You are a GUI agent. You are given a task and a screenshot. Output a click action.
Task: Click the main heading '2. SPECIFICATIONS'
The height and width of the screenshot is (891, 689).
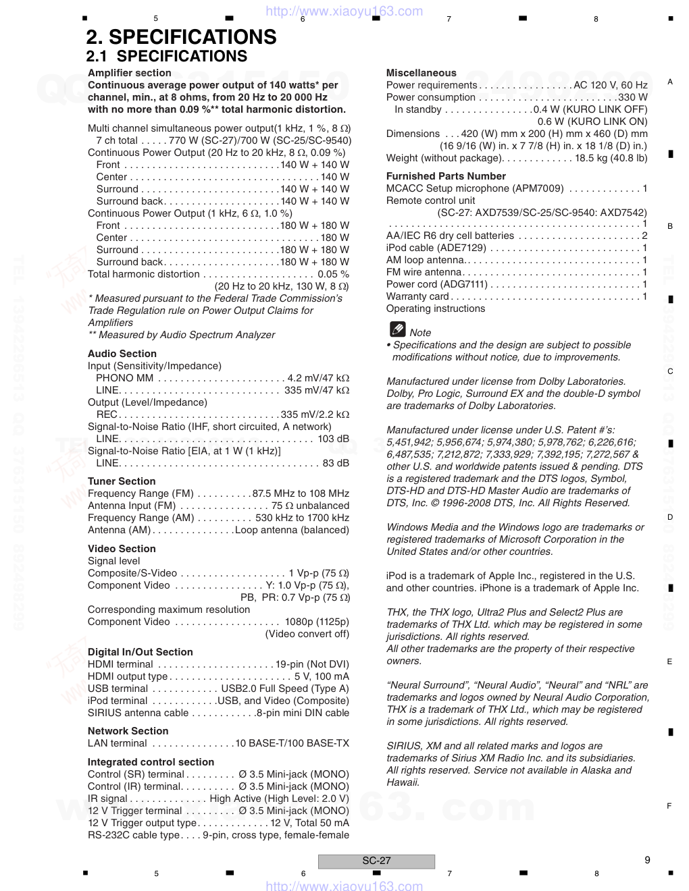181,37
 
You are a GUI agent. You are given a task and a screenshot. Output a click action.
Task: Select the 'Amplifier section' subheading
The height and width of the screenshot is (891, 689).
129,73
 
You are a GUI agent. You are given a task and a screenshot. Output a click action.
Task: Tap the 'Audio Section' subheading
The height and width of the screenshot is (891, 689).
122,354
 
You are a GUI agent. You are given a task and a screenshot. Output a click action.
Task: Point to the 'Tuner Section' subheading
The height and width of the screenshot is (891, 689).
122,481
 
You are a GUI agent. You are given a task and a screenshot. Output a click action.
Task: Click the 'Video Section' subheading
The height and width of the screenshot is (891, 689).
122,549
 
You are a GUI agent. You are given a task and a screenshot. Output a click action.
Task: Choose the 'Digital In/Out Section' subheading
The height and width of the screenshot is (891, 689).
140,652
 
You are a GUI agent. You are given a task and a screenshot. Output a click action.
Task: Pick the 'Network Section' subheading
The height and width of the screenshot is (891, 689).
128,731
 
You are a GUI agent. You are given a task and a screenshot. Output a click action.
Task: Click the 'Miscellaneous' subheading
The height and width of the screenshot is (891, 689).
421,73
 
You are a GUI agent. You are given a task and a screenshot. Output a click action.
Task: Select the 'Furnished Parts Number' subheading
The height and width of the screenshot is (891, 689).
446,176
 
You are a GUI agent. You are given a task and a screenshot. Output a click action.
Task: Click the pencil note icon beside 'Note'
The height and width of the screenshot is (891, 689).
397,330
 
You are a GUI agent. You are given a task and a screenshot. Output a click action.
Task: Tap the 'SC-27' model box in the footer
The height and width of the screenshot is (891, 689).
376,861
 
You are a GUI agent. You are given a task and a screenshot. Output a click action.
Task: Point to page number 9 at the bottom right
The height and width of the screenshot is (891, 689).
647,860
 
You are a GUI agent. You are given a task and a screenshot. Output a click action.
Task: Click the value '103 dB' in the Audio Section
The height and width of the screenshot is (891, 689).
333,439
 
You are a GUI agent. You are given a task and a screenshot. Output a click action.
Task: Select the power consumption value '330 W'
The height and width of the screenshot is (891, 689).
633,97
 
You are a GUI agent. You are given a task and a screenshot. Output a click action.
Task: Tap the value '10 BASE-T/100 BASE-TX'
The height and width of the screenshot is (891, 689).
292,743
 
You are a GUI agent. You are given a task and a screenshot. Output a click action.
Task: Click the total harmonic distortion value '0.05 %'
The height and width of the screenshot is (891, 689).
333,274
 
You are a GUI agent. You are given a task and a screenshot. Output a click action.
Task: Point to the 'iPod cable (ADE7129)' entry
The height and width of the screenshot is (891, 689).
436,248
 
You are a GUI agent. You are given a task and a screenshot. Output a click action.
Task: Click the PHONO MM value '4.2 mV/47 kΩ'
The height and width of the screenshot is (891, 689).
318,378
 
